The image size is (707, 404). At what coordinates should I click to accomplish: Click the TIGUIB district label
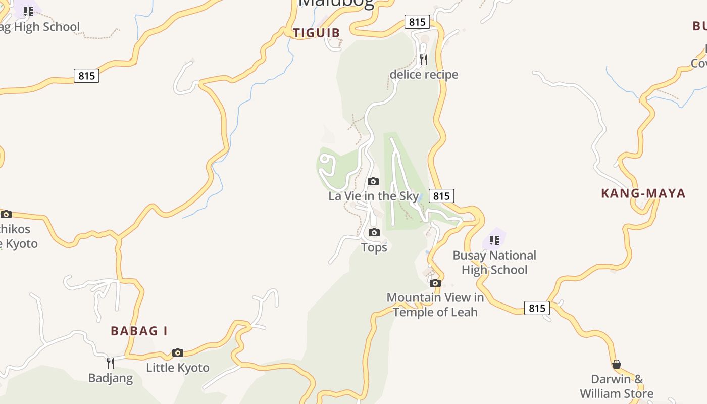(x=317, y=33)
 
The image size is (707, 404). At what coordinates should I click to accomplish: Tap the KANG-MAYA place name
(x=643, y=193)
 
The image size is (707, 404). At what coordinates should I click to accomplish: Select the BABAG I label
(x=139, y=331)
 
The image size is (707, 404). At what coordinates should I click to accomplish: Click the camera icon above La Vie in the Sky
(x=373, y=182)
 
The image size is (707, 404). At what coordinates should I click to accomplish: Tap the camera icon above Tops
(x=374, y=233)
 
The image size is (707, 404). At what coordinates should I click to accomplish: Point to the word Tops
(x=374, y=247)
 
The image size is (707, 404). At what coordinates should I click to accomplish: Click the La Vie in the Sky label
(x=374, y=196)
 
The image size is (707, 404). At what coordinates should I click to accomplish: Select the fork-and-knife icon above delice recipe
(x=424, y=60)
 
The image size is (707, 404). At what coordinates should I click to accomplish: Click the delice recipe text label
(x=424, y=75)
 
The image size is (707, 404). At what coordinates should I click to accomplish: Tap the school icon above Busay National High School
(x=494, y=240)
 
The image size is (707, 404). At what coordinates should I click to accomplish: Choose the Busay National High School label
(x=494, y=263)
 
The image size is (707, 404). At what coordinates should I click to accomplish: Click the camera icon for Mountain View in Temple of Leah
(x=435, y=283)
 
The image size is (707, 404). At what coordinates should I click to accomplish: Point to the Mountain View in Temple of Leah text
(x=435, y=305)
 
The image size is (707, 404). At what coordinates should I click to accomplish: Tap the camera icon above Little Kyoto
(x=178, y=353)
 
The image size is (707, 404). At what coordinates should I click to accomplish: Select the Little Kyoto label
(x=178, y=368)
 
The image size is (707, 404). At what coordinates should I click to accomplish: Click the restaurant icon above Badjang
(x=111, y=363)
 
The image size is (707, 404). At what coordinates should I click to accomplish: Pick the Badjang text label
(x=111, y=378)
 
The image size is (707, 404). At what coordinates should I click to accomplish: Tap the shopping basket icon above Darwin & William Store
(x=617, y=364)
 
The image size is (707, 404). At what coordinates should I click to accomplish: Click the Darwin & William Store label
(x=617, y=386)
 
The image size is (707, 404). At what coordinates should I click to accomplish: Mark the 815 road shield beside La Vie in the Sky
(x=441, y=196)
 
